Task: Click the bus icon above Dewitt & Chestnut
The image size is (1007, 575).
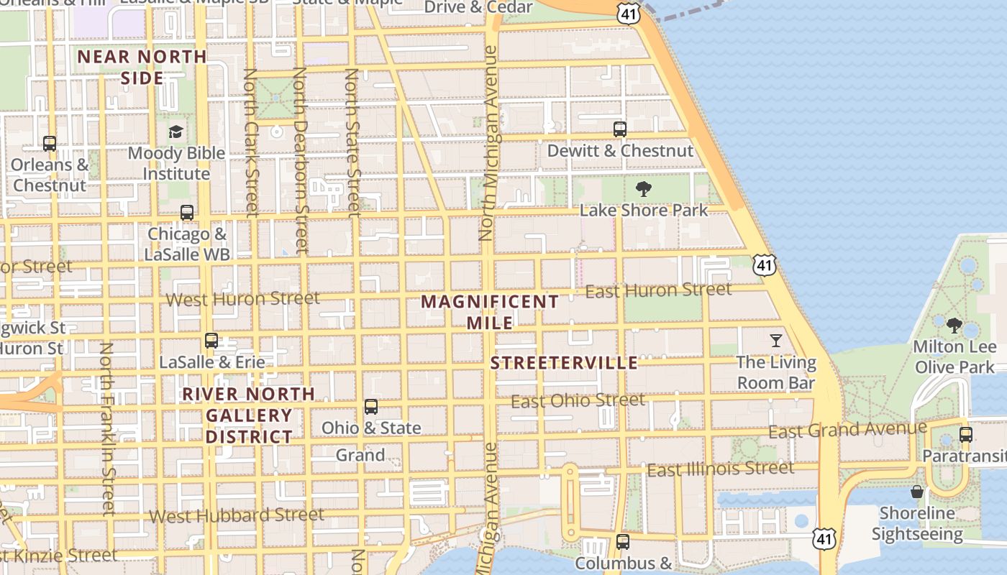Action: point(619,129)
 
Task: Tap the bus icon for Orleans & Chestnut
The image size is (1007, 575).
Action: point(50,144)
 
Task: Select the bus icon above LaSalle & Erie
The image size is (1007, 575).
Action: point(211,341)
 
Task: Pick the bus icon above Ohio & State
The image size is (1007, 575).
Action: point(371,407)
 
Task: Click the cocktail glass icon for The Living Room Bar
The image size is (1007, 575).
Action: point(776,341)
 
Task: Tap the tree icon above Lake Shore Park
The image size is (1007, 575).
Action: point(644,189)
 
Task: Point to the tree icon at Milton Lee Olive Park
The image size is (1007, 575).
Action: point(954,326)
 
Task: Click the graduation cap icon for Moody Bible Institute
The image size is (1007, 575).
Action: point(176,132)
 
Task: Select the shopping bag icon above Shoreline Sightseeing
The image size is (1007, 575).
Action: point(917,492)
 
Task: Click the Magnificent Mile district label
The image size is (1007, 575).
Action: point(490,312)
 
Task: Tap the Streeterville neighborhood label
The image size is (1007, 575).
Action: point(564,363)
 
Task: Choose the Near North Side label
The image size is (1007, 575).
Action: point(142,67)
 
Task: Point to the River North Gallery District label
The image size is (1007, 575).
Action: point(249,415)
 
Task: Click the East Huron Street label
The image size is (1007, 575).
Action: point(658,290)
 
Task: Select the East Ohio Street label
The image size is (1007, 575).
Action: point(578,400)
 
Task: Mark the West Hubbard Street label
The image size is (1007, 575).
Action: point(237,515)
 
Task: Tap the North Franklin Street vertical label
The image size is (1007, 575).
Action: point(107,428)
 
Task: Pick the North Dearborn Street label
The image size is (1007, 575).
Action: point(301,161)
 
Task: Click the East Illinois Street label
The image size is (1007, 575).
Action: point(721,469)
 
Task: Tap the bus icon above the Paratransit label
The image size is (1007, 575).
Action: point(966,435)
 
